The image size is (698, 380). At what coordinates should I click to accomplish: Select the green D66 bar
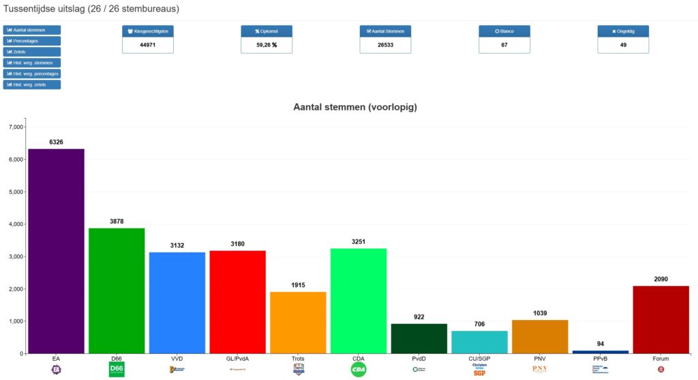pos(117,291)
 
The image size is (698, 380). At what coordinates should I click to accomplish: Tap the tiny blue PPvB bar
pos(601,352)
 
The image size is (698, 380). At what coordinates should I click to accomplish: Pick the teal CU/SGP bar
pos(479,342)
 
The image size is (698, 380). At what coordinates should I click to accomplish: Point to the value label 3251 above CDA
pos(358,242)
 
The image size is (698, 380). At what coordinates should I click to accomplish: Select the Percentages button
pos(32,41)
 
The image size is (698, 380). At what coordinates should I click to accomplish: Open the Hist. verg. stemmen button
pos(32,63)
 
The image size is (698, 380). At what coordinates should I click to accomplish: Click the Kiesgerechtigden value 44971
pos(148,45)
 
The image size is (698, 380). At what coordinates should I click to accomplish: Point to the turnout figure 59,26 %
pos(267,45)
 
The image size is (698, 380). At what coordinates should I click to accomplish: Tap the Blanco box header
pos(504,31)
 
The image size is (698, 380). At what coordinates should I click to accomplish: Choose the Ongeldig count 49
pos(623,45)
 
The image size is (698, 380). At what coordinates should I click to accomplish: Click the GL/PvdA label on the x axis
pos(237,358)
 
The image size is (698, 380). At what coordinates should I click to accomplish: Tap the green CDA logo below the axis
pos(358,369)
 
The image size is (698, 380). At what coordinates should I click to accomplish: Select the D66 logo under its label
pos(117,369)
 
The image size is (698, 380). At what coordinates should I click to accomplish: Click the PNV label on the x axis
pos(540,358)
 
